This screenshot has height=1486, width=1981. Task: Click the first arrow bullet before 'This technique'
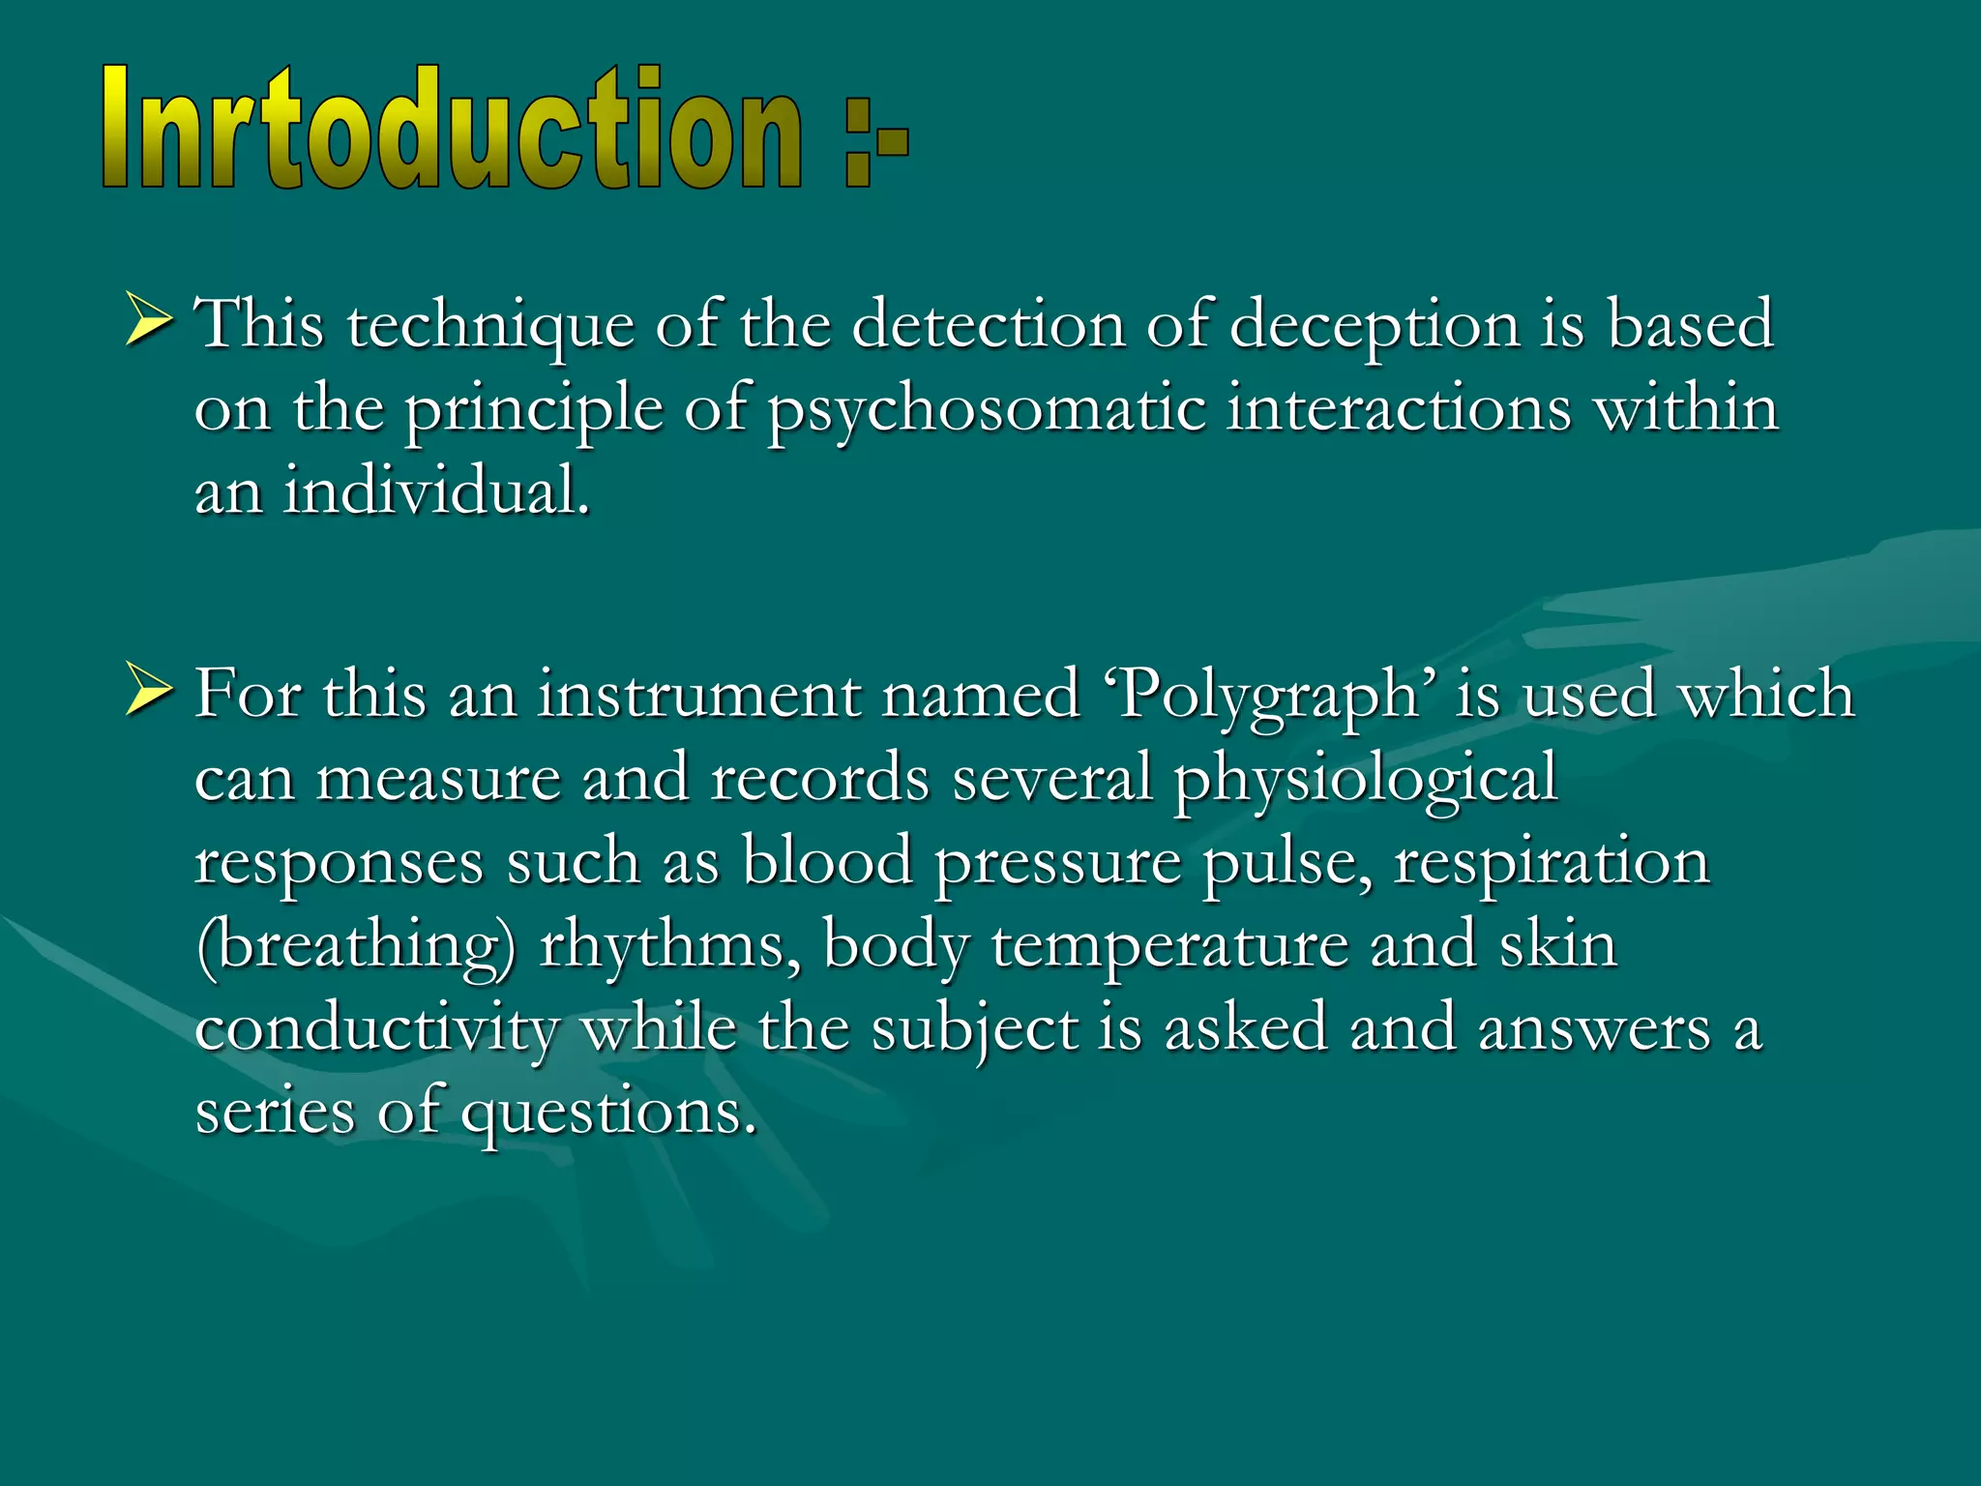(x=149, y=321)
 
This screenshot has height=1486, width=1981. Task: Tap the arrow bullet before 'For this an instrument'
(x=149, y=693)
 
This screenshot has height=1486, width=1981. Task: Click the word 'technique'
(x=490, y=325)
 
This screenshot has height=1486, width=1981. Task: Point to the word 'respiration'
(x=1552, y=861)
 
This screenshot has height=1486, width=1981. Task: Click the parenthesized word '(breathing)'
(x=355, y=946)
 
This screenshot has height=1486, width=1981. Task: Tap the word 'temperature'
(x=1169, y=946)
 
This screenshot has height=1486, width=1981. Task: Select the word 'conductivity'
(x=376, y=1029)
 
